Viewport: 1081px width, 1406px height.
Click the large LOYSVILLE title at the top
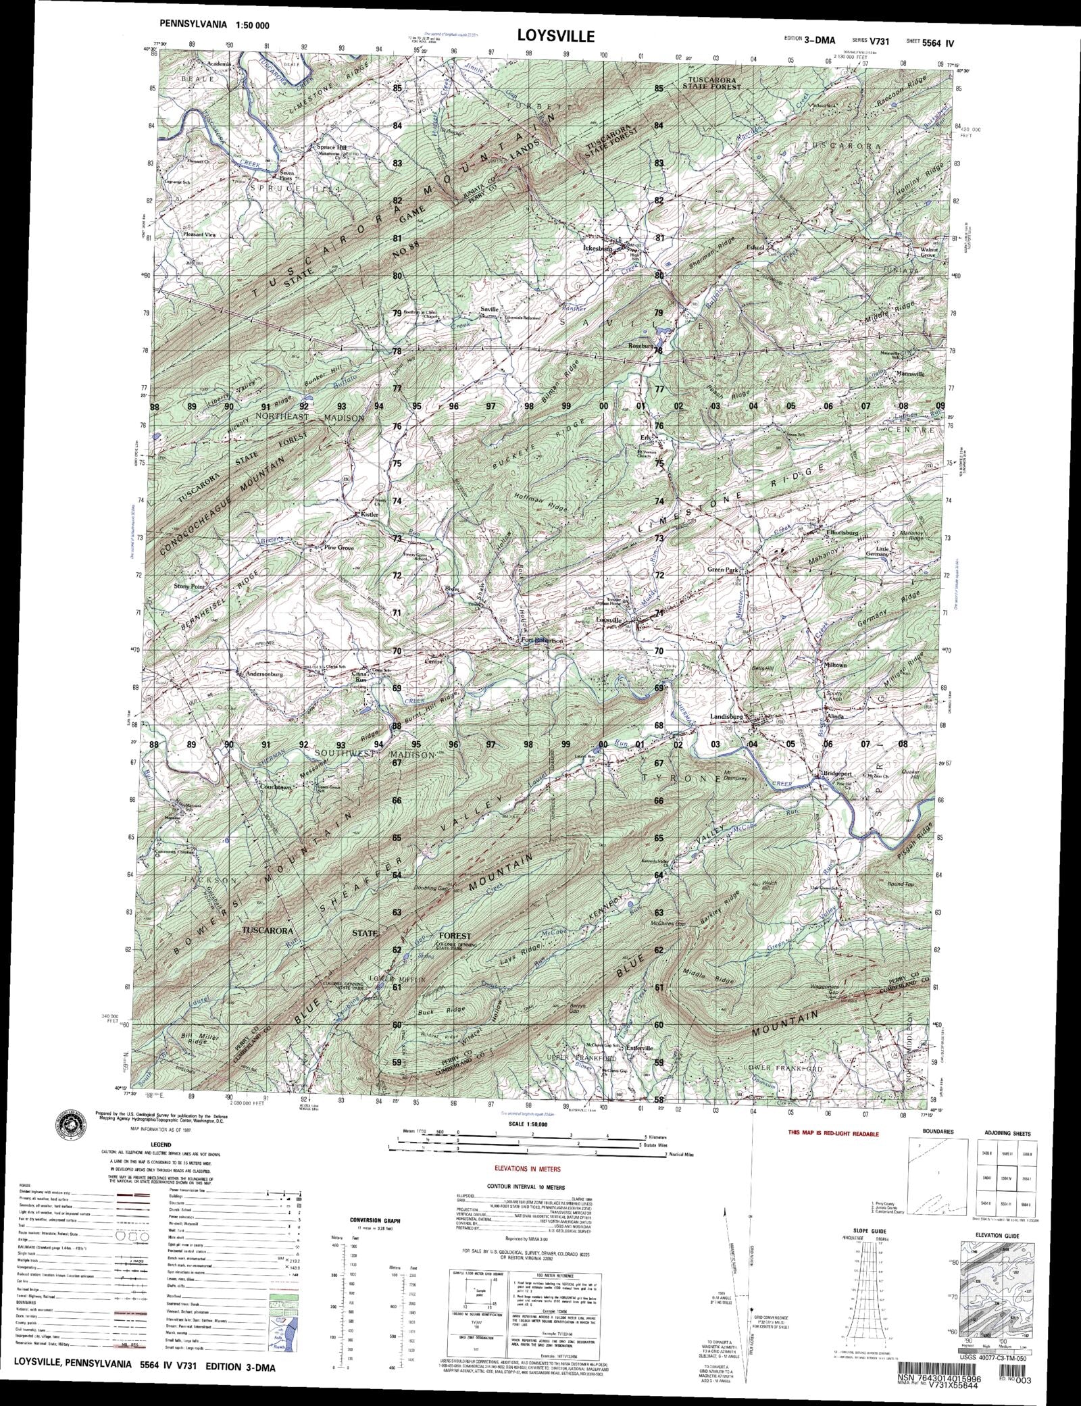click(556, 36)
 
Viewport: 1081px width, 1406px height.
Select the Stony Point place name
click(188, 586)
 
